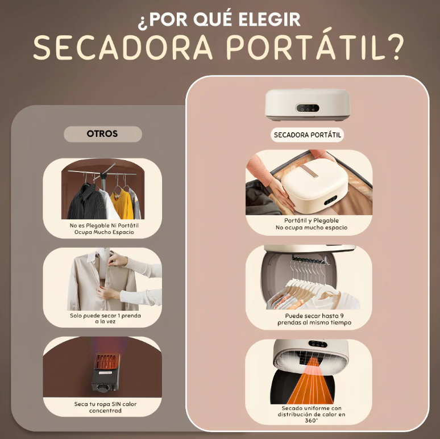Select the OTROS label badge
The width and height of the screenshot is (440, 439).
102,134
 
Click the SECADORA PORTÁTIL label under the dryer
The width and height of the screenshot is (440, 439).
308,135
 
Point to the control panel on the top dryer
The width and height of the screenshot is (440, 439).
307,108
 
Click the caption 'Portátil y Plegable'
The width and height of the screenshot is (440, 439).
311,220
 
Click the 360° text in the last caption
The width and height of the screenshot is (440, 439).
311,421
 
